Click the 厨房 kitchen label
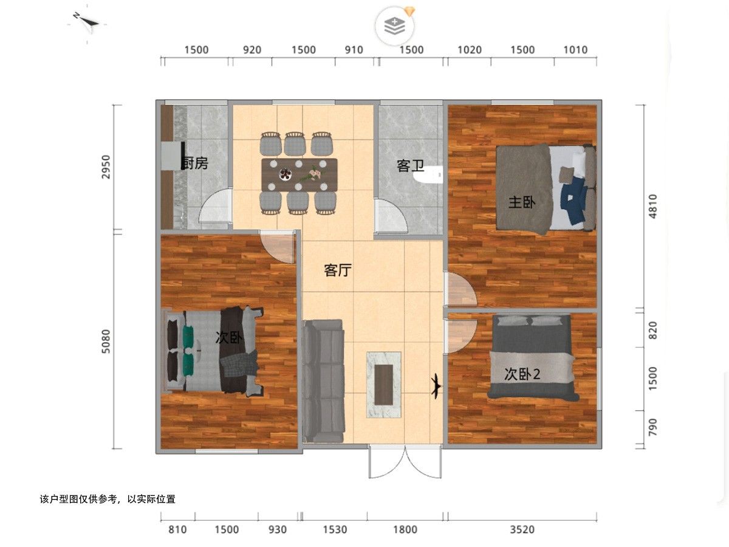[195, 163]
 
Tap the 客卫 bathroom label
[411, 165]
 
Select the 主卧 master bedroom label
[522, 202]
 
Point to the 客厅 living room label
[337, 270]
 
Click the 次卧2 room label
[522, 374]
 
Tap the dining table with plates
[299, 174]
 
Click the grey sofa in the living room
[323, 381]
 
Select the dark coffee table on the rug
[383, 385]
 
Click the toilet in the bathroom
[429, 174]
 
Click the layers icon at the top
[394, 26]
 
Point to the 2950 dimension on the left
[106, 167]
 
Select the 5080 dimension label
[106, 341]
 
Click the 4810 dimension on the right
[652, 206]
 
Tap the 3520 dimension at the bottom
[522, 529]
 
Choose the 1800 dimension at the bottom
[405, 529]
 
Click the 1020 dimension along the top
[469, 50]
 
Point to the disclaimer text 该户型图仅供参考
[78, 499]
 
